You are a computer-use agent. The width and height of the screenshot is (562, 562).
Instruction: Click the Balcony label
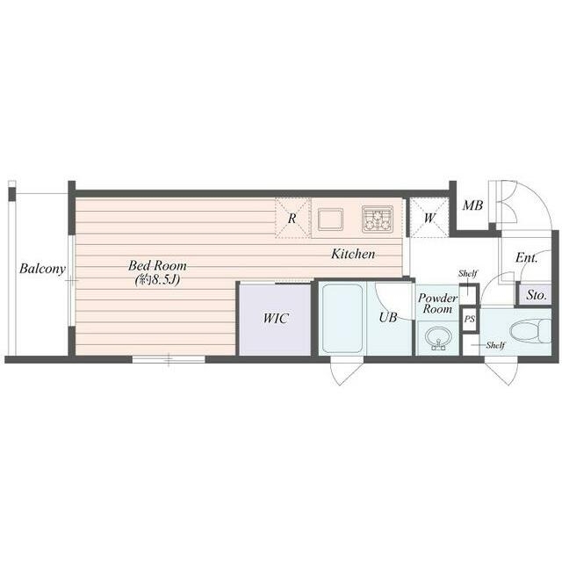coord(42,269)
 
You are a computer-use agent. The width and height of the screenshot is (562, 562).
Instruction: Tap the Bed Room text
coord(157,265)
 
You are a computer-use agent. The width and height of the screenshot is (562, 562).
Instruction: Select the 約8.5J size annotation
coord(157,279)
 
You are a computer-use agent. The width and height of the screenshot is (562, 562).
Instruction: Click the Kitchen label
coord(353,254)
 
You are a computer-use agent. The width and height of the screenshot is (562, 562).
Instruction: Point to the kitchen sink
coord(330,220)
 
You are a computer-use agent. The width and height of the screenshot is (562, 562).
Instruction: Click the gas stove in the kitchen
coord(378,219)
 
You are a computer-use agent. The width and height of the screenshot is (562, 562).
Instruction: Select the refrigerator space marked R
coord(292,218)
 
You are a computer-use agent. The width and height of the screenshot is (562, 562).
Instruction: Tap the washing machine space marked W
coord(429,218)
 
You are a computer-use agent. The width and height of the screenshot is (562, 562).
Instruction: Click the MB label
coord(472,205)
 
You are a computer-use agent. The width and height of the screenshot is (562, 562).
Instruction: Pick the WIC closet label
coord(276,318)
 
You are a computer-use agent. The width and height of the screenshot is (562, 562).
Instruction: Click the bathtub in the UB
coord(342,318)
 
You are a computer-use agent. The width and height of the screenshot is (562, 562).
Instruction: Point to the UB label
coord(388,317)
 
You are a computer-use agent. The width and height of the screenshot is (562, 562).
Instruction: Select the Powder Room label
coord(437,303)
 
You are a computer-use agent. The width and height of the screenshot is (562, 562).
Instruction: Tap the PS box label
coord(470,319)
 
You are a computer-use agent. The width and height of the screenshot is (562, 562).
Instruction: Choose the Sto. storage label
coord(537,295)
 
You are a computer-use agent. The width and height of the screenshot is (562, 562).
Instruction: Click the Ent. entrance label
coord(527,257)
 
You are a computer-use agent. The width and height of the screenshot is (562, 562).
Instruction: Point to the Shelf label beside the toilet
coord(495,345)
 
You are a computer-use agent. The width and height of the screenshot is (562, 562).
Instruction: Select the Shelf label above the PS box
coord(468,273)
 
